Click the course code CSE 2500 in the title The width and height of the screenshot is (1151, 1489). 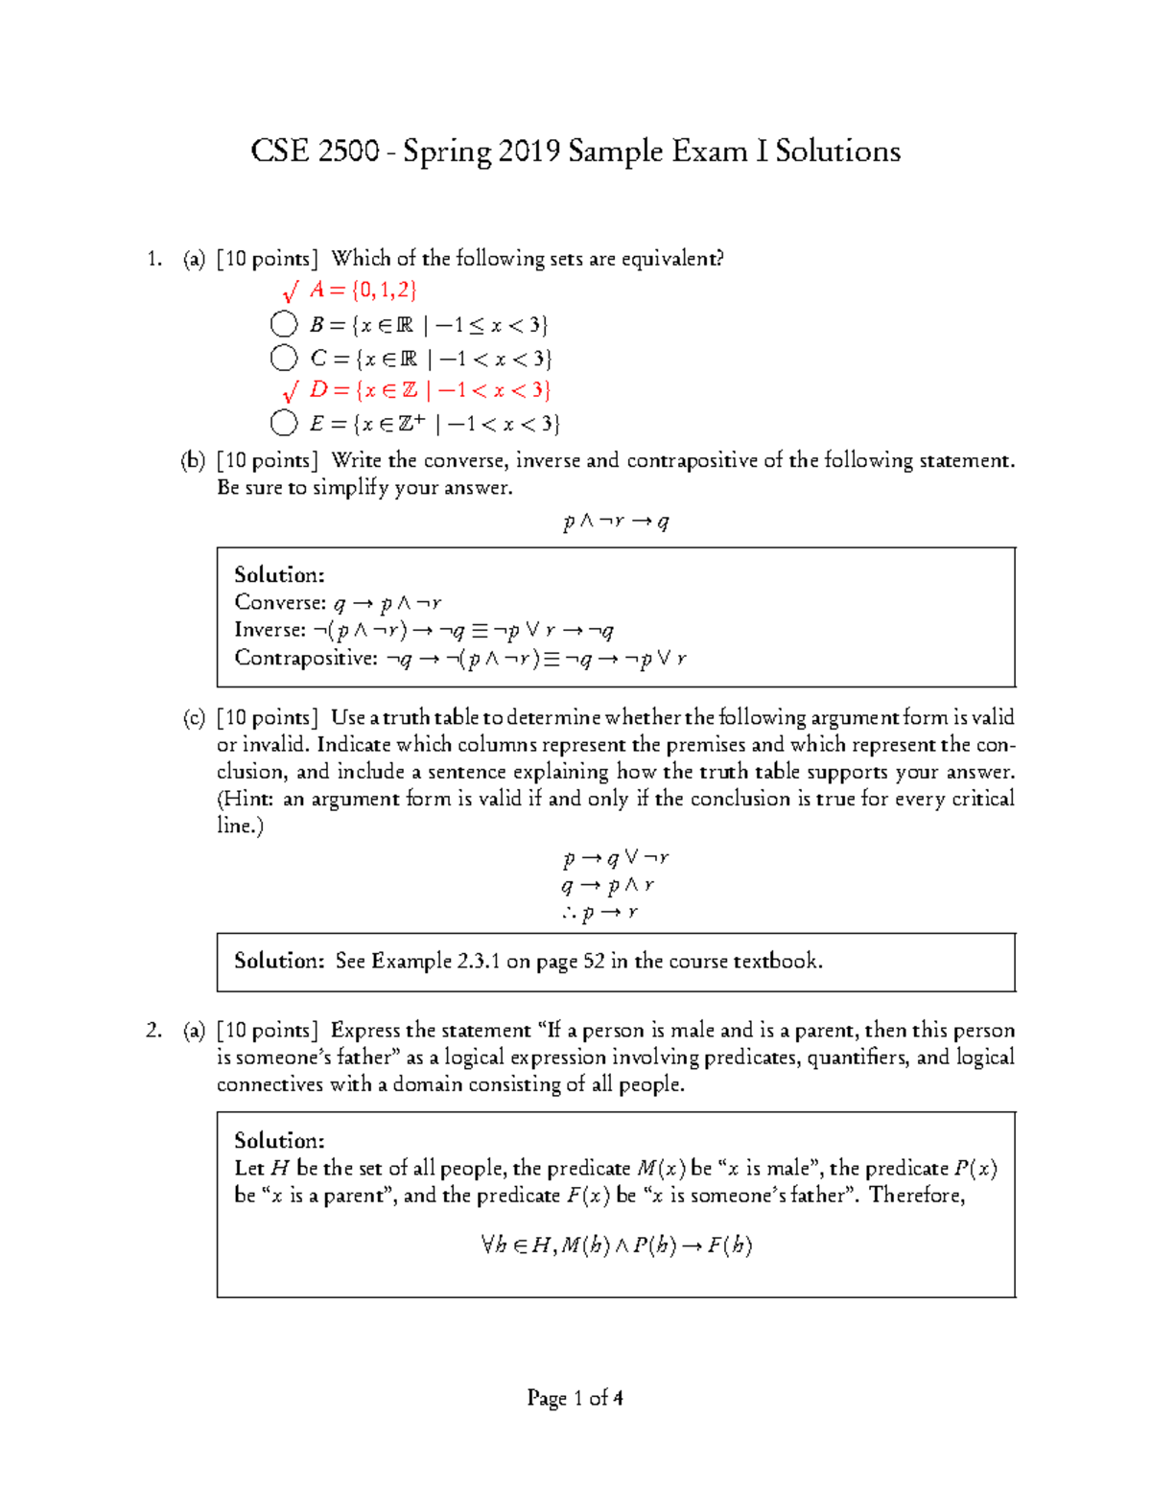pyautogui.click(x=315, y=151)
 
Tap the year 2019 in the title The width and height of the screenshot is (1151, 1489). pyautogui.click(x=529, y=151)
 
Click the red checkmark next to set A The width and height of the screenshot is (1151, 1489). pyautogui.click(x=290, y=291)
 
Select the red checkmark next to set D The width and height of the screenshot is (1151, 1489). pyautogui.click(x=290, y=391)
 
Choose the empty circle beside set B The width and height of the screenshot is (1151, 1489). pyautogui.click(x=284, y=325)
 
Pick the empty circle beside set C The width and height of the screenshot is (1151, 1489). pyautogui.click(x=284, y=359)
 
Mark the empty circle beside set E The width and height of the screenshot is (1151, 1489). pyautogui.click(x=284, y=423)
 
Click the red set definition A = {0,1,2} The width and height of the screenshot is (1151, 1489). pyautogui.click(x=364, y=291)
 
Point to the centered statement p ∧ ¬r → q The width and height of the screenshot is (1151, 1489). pyautogui.click(x=616, y=522)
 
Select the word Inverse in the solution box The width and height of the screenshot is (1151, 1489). pyautogui.click(x=270, y=630)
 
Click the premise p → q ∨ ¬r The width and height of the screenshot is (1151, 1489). pyautogui.click(x=616, y=858)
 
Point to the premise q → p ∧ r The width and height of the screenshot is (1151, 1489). pyautogui.click(x=608, y=886)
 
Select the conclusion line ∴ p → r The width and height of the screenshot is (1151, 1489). pyautogui.click(x=600, y=913)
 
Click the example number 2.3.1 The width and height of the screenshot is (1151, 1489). pyautogui.click(x=471, y=962)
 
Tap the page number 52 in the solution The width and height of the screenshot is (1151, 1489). pyautogui.click(x=594, y=962)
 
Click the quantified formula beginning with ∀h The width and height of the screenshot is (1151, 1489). pyautogui.click(x=616, y=1245)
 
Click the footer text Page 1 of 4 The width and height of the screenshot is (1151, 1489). pyautogui.click(x=575, y=1399)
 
